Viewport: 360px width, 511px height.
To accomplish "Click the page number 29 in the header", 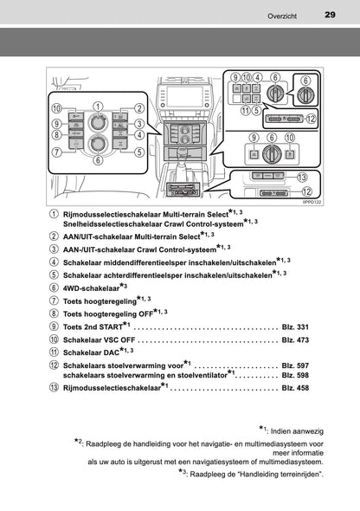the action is click(x=330, y=15).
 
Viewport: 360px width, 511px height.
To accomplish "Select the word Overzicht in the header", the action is click(x=282, y=16).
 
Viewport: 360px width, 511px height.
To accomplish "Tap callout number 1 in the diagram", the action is click(x=98, y=107).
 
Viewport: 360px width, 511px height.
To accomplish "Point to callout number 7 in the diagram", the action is click(x=57, y=152).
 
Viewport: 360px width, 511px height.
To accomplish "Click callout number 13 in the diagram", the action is click(x=302, y=177).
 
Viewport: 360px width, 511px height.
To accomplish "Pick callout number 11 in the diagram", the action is click(x=246, y=110).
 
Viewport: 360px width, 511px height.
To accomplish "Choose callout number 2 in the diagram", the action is click(x=139, y=108).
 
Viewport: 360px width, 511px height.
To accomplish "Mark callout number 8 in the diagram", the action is click(x=57, y=134).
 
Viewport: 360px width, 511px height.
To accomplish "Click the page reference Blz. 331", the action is click(x=295, y=327).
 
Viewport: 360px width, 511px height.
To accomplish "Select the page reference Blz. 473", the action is click(x=295, y=340).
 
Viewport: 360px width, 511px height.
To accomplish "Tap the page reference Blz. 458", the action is click(x=295, y=388).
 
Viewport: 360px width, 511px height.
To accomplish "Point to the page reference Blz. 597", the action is click(x=295, y=365).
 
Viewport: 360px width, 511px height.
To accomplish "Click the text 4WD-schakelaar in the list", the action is click(x=91, y=288).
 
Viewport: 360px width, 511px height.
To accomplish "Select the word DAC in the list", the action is click(x=112, y=353).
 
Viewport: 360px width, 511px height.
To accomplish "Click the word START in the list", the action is click(x=112, y=327).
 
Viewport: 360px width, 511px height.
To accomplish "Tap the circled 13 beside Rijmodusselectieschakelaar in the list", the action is click(x=54, y=387).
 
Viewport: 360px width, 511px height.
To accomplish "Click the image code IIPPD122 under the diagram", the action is click(x=312, y=203).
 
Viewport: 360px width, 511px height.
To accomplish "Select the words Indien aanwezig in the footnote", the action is click(x=297, y=431).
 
